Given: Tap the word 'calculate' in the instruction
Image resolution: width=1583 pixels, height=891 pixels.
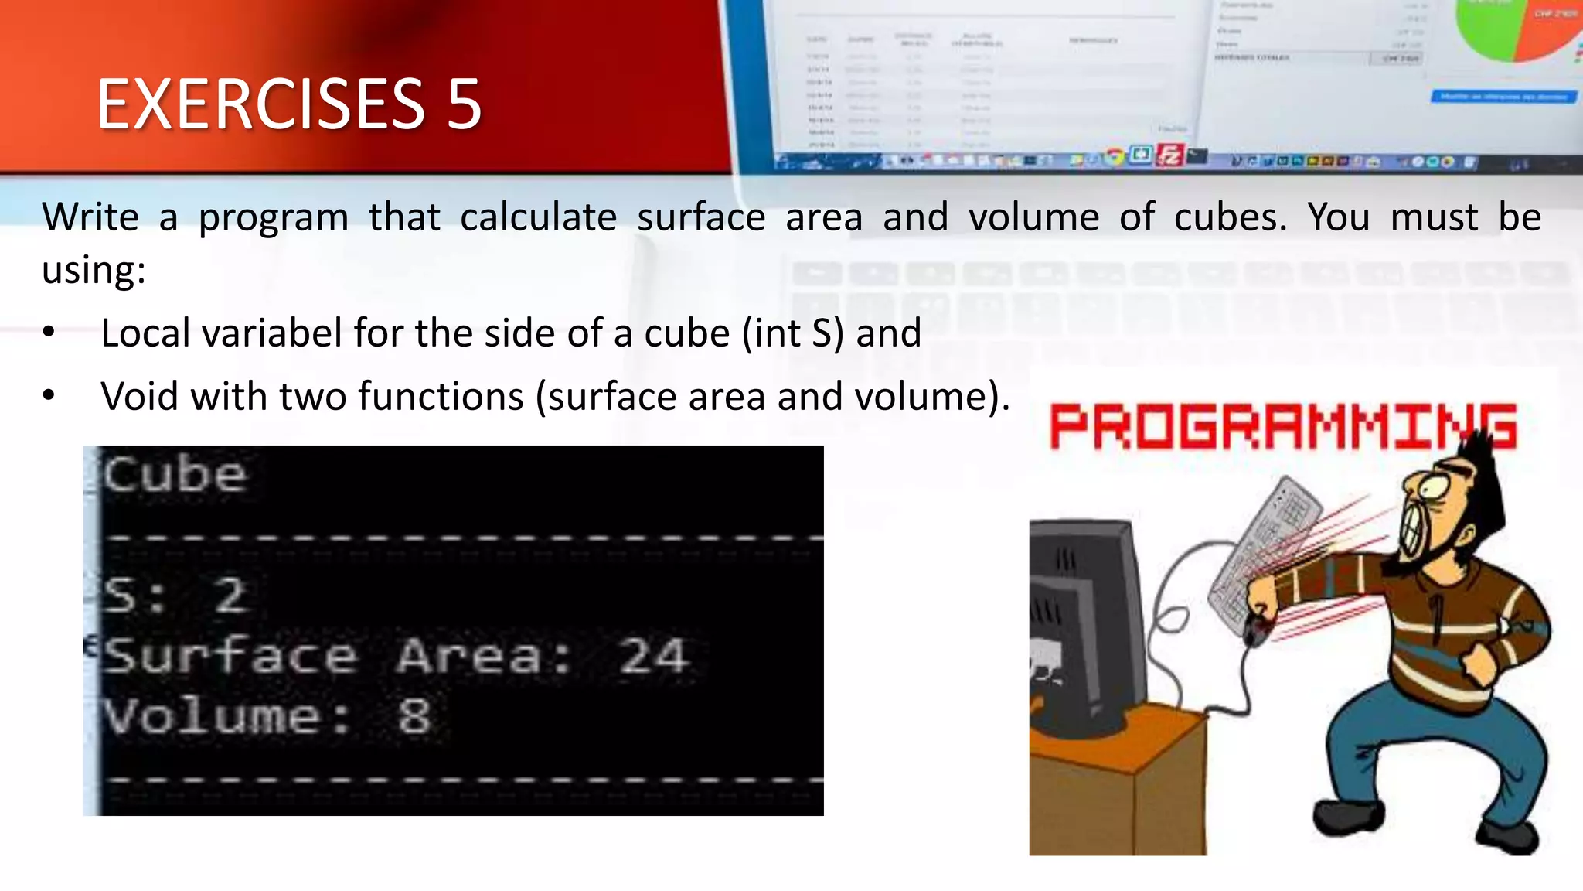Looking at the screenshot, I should point(538,217).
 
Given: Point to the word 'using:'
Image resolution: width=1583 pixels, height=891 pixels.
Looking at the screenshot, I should point(94,271).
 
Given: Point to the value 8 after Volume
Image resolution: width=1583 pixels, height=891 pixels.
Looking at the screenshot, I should point(414,716).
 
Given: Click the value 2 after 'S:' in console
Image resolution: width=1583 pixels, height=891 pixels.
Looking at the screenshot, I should point(230,596).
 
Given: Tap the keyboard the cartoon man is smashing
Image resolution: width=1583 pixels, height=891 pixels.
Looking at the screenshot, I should point(1268,541).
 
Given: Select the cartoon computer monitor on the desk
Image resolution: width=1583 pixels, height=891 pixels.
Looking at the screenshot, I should point(1082,619).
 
